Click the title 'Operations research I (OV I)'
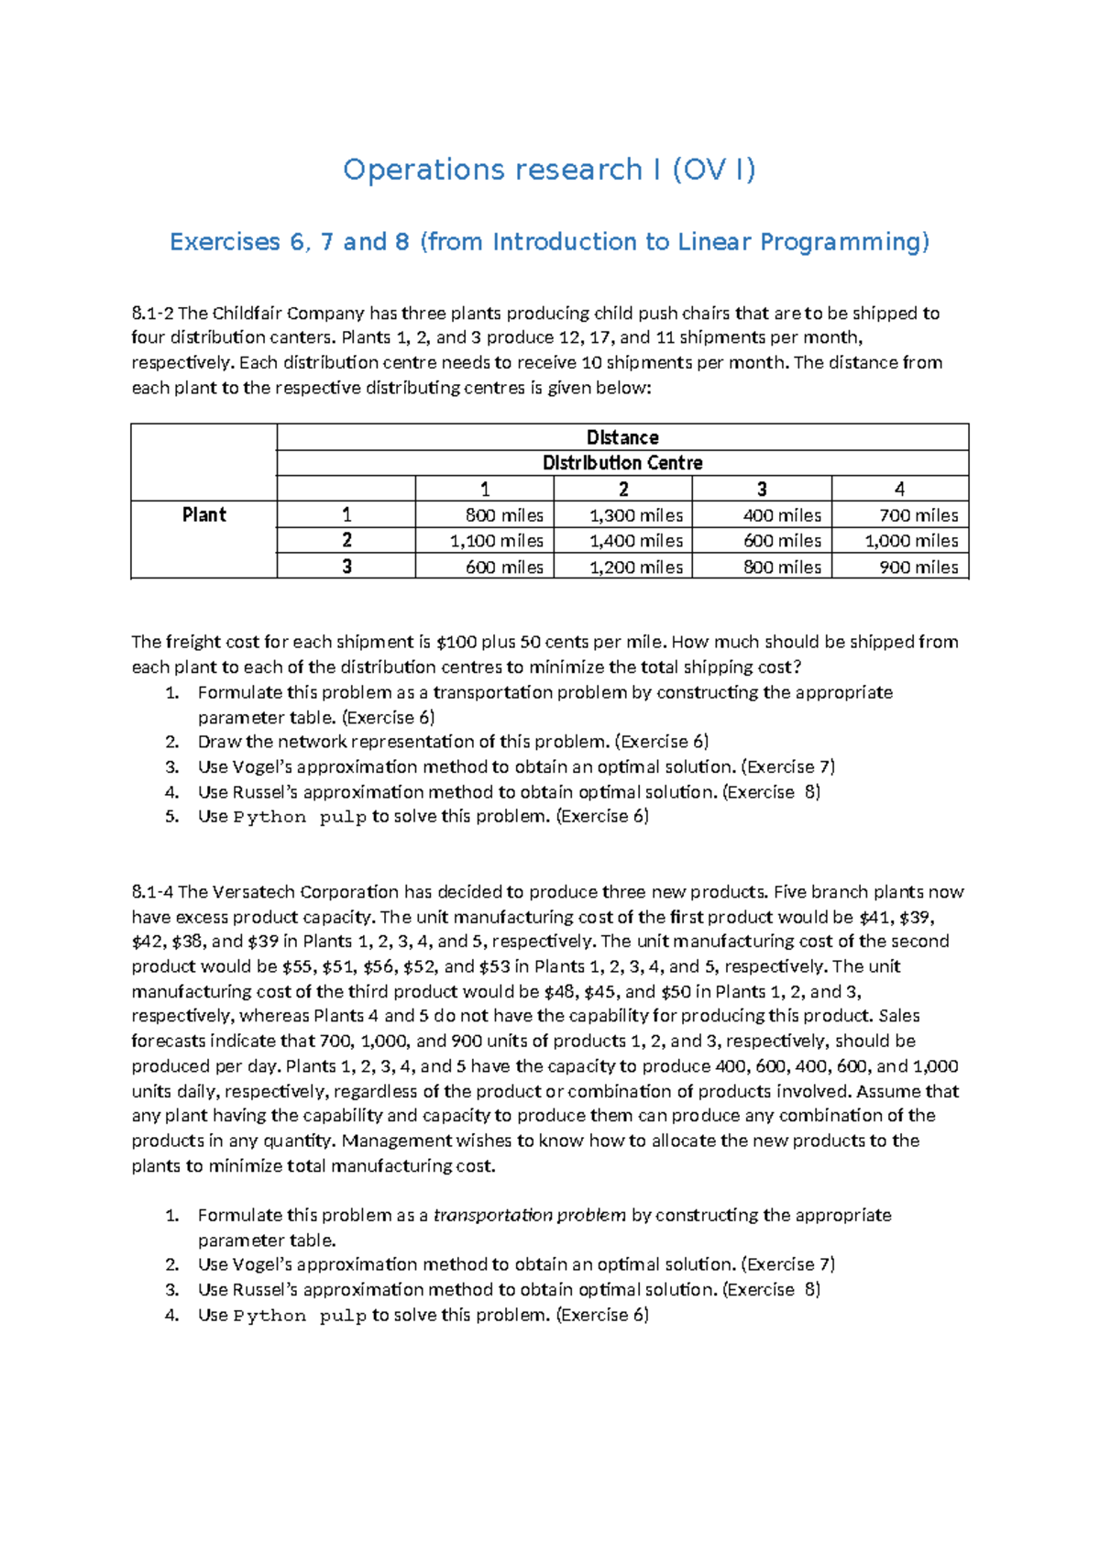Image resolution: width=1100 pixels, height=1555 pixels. tap(549, 170)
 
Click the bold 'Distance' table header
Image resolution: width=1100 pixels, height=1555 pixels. tap(622, 437)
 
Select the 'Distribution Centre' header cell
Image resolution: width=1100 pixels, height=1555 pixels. tap(622, 463)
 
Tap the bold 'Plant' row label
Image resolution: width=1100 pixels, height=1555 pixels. tap(203, 514)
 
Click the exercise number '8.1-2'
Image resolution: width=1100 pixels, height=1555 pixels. tap(152, 314)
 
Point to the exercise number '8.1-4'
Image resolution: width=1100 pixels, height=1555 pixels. tap(152, 892)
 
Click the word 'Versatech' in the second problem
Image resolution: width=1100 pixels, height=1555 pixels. tap(255, 892)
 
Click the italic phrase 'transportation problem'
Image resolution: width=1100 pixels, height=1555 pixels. tap(529, 1216)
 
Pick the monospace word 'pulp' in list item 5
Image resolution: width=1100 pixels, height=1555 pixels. tap(343, 817)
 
